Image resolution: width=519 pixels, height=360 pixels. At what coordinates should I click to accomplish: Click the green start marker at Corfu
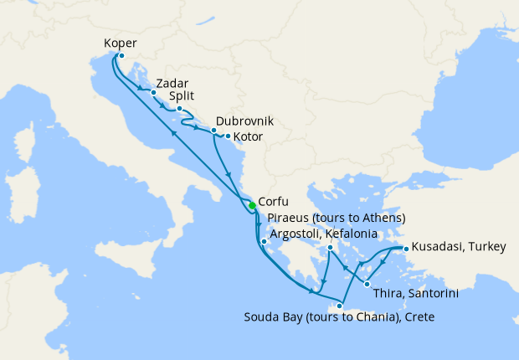point(252,206)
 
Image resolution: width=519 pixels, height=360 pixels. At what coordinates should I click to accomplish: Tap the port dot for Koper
point(121,56)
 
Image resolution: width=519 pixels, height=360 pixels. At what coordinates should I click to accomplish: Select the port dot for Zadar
point(153,93)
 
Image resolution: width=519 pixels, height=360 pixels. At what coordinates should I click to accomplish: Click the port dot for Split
point(179,108)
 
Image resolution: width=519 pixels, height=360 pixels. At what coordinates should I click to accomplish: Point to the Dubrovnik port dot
point(213,131)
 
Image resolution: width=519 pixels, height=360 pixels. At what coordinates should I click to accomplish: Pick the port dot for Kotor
point(228,136)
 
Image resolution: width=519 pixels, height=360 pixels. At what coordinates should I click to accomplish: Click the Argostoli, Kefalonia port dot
point(264,243)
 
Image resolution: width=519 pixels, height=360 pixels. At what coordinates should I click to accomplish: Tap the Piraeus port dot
point(331,248)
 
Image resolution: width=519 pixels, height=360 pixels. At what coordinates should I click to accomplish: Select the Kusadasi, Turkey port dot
point(405,249)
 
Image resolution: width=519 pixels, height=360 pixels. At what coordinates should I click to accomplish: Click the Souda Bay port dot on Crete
point(339,306)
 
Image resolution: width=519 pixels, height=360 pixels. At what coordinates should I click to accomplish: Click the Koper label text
point(121,44)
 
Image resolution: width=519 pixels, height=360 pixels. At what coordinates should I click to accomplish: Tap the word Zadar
point(172,83)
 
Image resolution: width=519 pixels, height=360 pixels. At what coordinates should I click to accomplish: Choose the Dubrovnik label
point(244,121)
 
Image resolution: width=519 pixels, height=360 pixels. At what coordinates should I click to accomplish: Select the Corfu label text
point(275,202)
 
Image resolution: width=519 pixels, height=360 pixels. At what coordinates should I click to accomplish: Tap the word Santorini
point(431,294)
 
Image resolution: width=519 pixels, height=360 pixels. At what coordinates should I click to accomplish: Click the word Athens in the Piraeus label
point(380,218)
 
